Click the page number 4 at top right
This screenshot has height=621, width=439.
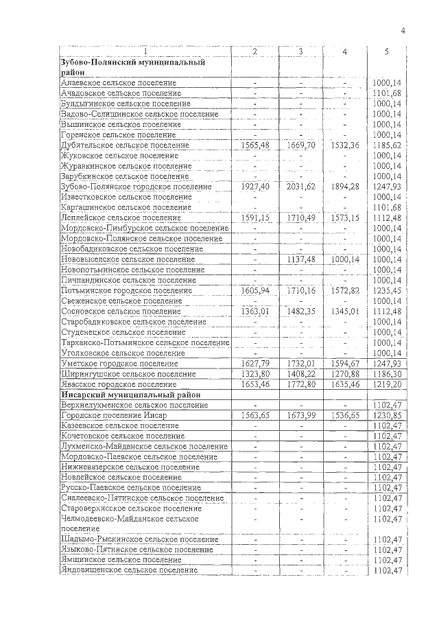point(403,30)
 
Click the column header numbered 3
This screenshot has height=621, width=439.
point(300,52)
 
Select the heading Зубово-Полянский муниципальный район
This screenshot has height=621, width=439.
point(133,67)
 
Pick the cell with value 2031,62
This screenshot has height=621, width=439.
point(300,187)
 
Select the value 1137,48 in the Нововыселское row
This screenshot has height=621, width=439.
point(300,259)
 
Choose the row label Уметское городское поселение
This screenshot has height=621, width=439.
point(119,363)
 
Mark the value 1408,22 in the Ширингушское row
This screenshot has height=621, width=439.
point(300,374)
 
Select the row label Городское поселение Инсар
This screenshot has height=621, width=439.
point(112,415)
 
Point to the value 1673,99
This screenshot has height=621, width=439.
point(300,415)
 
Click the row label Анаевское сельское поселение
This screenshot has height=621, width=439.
point(119,83)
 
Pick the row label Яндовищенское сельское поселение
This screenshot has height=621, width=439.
point(125,570)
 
